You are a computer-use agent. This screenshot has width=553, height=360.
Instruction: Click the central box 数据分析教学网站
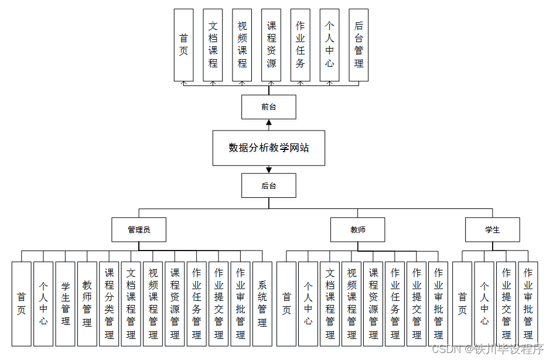(x=268, y=148)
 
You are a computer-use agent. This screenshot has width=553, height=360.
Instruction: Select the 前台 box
(x=268, y=107)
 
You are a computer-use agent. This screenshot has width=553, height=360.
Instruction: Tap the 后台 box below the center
(x=268, y=186)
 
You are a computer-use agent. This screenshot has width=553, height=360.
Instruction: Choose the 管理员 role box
(x=139, y=229)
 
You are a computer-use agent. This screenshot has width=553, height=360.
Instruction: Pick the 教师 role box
(x=358, y=229)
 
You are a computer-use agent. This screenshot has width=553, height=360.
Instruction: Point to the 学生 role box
(x=492, y=229)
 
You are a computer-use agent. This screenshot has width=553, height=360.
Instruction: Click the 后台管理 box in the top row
(x=359, y=45)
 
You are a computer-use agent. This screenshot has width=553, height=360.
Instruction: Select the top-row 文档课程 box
(x=213, y=45)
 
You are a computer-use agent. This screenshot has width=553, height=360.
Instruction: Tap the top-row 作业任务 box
(x=301, y=45)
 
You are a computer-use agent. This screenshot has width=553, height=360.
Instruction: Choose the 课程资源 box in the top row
(x=271, y=45)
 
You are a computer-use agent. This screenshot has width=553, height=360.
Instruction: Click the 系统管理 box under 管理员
(x=262, y=303)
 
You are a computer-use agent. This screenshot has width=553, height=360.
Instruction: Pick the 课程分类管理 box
(x=109, y=303)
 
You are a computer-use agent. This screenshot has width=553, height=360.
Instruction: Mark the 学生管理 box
(x=65, y=303)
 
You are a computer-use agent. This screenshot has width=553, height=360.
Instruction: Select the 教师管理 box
(x=87, y=303)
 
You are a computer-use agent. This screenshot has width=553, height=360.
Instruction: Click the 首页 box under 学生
(x=462, y=303)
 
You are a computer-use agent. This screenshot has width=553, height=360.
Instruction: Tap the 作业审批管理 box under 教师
(x=438, y=303)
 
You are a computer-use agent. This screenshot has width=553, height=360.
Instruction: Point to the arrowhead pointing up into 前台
(x=269, y=123)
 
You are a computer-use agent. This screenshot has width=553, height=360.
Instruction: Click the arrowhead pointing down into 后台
(x=269, y=170)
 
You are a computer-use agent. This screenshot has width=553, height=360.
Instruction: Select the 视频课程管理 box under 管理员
(x=153, y=303)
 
